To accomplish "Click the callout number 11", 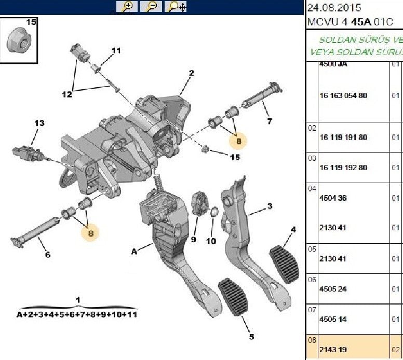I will click(115, 51).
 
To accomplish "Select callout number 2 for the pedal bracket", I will click(191, 73).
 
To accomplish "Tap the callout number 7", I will click(269, 122).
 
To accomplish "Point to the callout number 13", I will click(39, 123).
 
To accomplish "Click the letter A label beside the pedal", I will click(134, 251).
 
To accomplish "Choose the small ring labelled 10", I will click(213, 212).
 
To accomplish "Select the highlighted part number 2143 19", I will click(335, 349).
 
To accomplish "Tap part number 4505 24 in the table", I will click(335, 289).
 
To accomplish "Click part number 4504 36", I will click(335, 198).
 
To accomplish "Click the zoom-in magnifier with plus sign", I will click(128, 7).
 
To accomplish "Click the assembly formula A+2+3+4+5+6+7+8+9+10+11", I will click(77, 314).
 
